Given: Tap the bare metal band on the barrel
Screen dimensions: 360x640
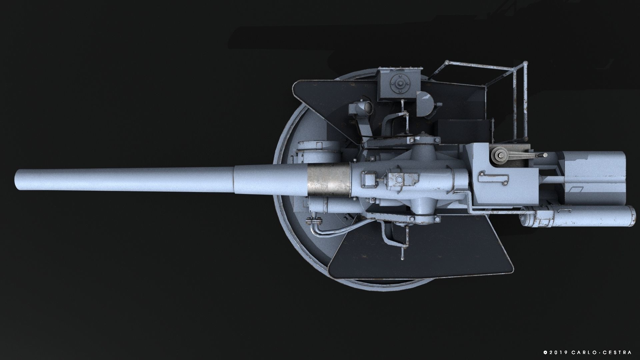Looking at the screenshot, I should click(x=328, y=180).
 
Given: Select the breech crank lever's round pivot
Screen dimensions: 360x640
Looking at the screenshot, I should click(x=499, y=155).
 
